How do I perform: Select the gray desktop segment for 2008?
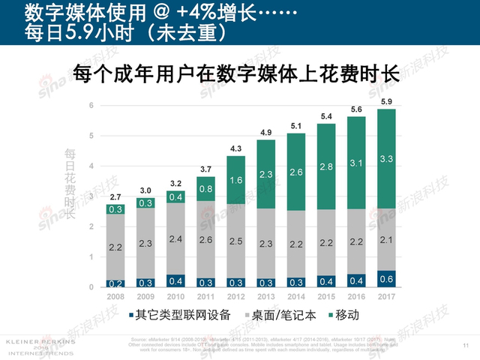tap(116, 247)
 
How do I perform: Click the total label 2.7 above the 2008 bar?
tap(116, 197)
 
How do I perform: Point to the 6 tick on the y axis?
tap(91, 105)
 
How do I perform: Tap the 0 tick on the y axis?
tap(91, 287)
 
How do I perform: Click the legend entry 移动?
tap(342, 314)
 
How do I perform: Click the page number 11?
tap(466, 346)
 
